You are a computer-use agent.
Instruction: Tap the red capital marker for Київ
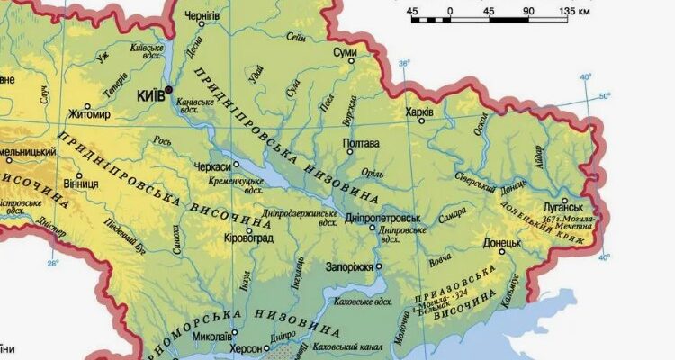point(168,89)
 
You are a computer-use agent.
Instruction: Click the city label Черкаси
point(214,166)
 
